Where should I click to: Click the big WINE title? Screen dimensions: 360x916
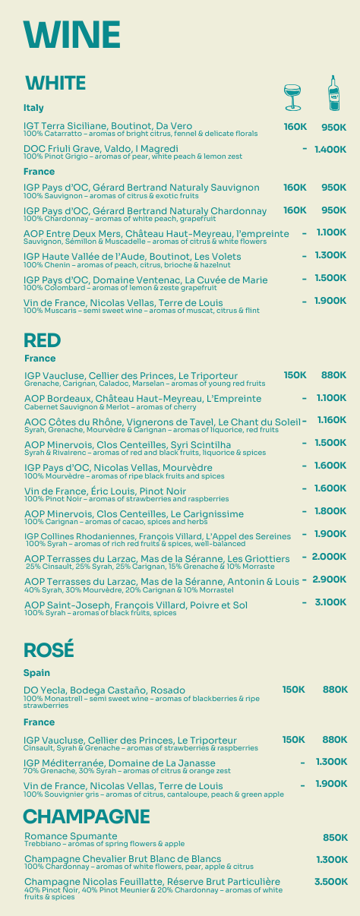72,35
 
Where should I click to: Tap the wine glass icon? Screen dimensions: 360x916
292,96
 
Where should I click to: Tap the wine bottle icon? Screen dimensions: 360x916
333,93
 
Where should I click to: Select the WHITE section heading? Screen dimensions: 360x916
55,83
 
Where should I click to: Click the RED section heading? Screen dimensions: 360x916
43,340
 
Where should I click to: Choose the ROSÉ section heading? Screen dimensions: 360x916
49,650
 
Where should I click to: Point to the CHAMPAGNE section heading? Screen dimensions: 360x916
87,817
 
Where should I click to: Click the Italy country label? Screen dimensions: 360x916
33,108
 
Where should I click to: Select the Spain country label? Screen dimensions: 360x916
36,673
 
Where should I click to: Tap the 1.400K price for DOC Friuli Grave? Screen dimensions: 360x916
330,150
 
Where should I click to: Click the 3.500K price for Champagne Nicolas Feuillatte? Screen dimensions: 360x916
331,882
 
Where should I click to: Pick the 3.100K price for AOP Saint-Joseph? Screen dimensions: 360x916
330,602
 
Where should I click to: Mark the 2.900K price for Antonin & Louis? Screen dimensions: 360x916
329,580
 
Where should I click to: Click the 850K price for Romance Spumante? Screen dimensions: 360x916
335,838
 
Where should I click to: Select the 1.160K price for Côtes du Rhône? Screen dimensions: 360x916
332,420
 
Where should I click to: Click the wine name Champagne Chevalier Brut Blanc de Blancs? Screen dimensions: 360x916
122,858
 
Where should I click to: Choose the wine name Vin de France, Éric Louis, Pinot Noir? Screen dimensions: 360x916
105,491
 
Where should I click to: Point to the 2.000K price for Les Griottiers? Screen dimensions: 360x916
329,557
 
